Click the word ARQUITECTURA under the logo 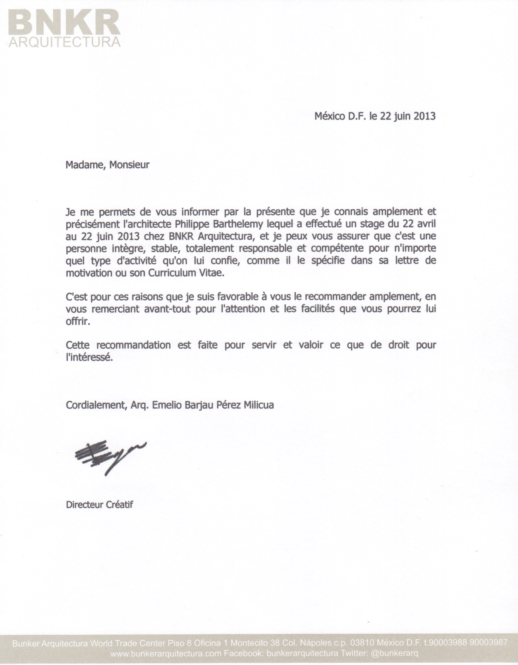pos(65,42)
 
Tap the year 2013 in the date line pos(424,116)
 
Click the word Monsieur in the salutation pos(129,165)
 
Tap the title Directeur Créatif pos(100,504)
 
